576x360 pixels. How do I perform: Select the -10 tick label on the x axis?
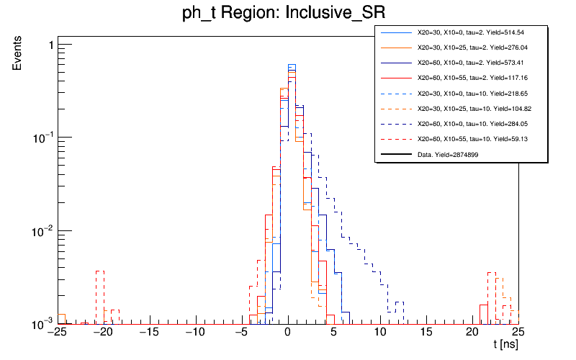click(x=194, y=333)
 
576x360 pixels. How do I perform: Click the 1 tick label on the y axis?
click(x=49, y=45)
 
